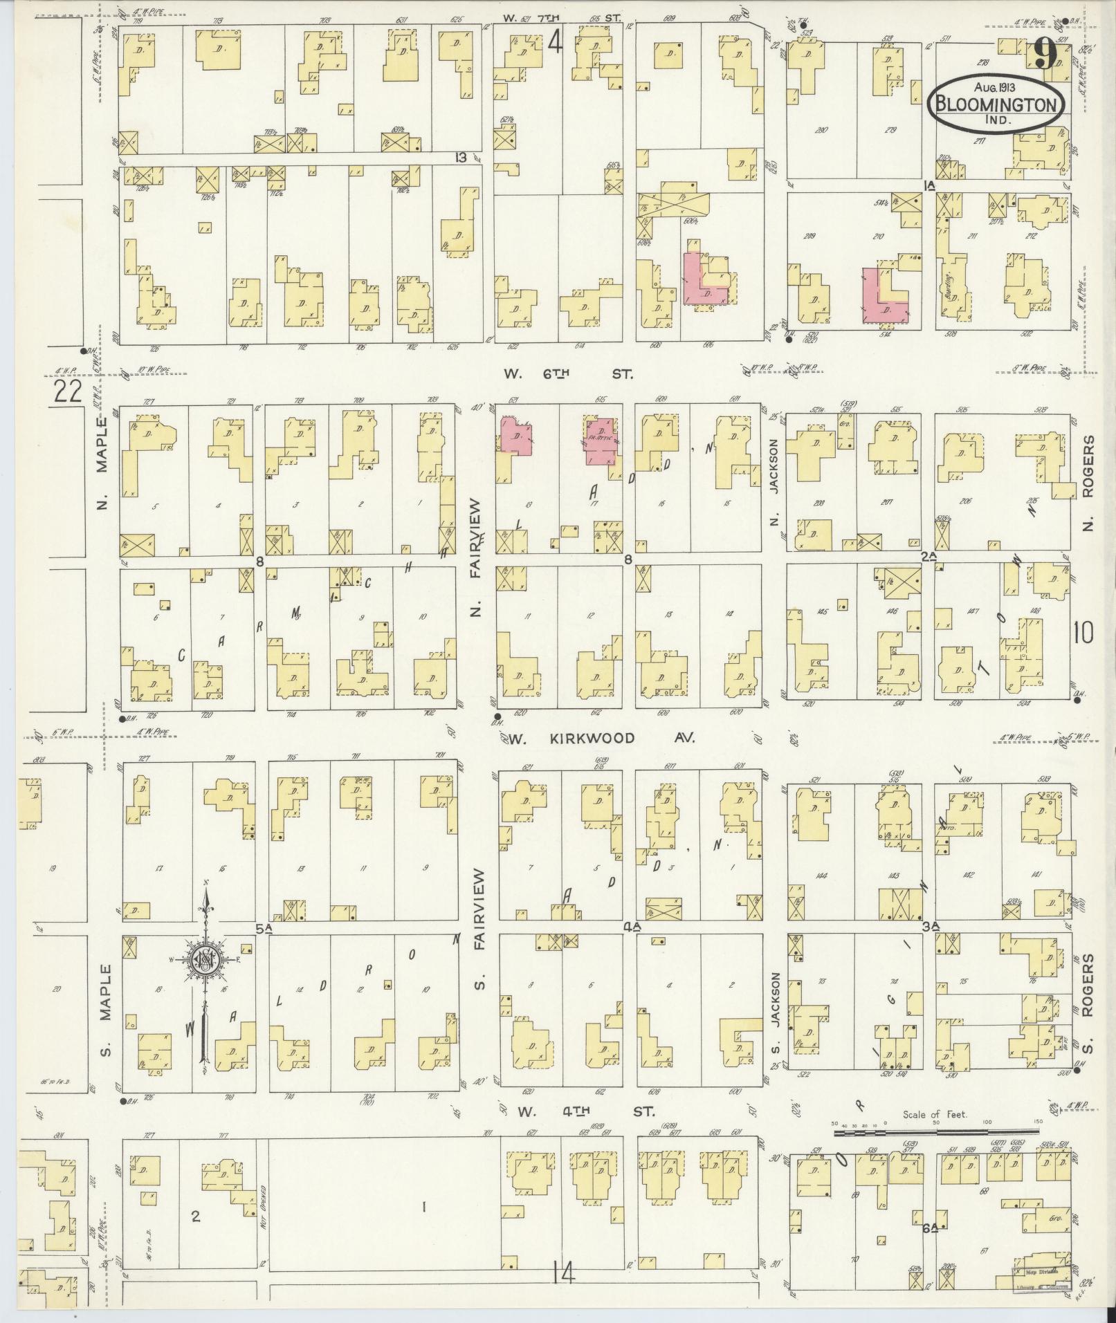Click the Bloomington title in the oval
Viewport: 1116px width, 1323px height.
point(997,104)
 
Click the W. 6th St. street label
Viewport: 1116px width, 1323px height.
point(567,374)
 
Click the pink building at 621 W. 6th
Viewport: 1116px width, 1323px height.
point(515,436)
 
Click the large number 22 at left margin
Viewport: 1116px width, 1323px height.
point(67,392)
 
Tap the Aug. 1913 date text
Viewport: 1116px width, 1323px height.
point(996,87)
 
